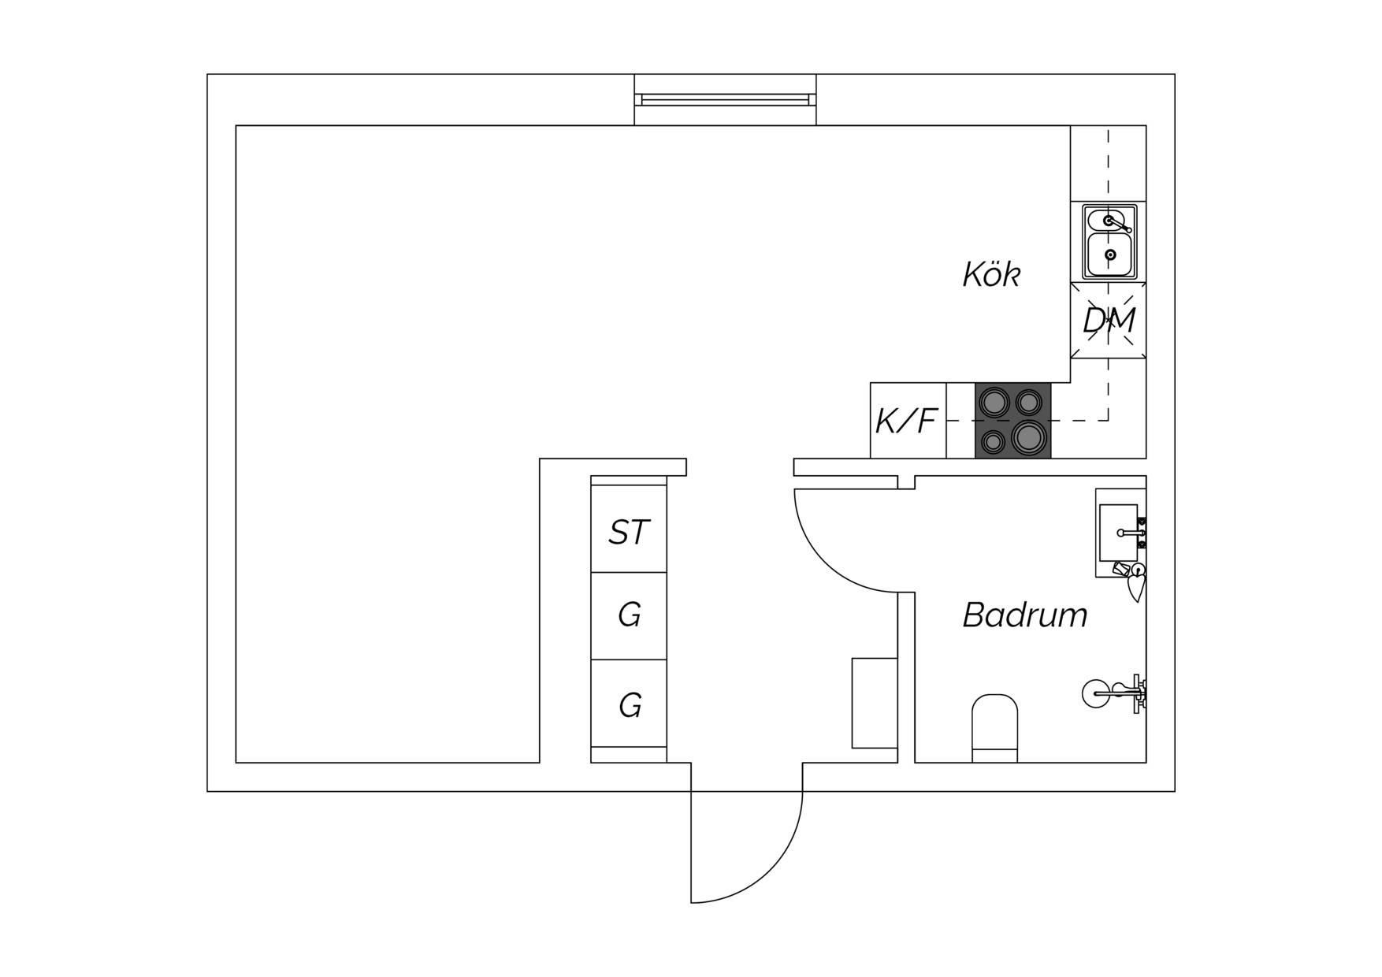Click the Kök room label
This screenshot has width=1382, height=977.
(x=991, y=274)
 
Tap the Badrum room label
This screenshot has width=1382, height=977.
(x=1025, y=615)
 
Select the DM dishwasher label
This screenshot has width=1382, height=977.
(x=1109, y=321)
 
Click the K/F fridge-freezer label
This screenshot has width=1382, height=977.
(x=906, y=422)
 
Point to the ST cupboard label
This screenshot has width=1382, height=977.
(x=629, y=533)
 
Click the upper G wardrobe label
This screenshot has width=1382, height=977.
(x=630, y=615)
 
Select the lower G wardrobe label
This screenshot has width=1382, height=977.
(x=630, y=705)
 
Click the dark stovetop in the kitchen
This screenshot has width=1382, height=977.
(x=1012, y=420)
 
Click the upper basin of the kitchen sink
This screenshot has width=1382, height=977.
(x=1109, y=220)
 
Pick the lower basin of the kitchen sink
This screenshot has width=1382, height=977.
(x=1110, y=254)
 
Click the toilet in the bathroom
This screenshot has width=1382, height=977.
(x=994, y=728)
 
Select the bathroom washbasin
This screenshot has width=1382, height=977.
(x=1118, y=533)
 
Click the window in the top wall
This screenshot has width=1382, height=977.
(x=725, y=99)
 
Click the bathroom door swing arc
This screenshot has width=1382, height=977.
(x=823, y=563)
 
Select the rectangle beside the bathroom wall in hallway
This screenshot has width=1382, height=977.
(x=875, y=703)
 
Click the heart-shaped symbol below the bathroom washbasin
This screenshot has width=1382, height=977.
(x=1135, y=588)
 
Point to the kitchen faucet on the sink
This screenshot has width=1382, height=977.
(x=1119, y=225)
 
